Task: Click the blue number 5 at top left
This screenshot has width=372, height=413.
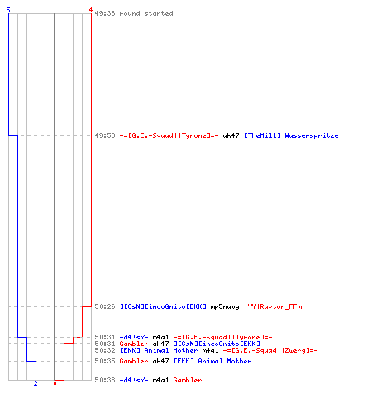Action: click(x=8, y=10)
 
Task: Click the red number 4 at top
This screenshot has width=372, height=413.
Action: click(x=91, y=10)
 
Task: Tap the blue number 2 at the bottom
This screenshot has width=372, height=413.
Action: click(x=36, y=383)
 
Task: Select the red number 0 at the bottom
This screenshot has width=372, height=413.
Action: click(x=55, y=383)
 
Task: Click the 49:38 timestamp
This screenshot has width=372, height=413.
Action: click(x=105, y=13)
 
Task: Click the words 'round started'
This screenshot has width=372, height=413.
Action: click(x=146, y=13)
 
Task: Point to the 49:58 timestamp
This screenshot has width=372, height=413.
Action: click(x=105, y=135)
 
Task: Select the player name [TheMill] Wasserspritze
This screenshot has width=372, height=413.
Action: click(x=291, y=135)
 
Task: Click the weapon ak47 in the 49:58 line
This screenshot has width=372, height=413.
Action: click(x=231, y=135)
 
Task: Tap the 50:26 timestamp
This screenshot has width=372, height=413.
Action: click(x=105, y=306)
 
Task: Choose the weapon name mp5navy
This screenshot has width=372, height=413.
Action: click(x=225, y=307)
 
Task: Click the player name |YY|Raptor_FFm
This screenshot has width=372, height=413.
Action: click(x=273, y=306)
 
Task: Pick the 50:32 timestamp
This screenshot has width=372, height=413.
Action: click(x=105, y=350)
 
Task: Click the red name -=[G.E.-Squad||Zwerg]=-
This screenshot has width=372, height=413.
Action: click(x=270, y=350)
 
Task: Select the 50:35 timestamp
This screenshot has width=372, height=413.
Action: click(x=105, y=361)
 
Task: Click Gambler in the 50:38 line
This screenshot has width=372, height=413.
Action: click(x=188, y=380)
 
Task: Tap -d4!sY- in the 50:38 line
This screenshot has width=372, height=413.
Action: click(x=134, y=380)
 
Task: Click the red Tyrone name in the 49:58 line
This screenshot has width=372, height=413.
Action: click(x=169, y=135)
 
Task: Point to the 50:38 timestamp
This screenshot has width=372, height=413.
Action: click(x=105, y=380)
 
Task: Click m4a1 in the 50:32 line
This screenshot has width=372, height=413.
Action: click(x=210, y=350)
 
